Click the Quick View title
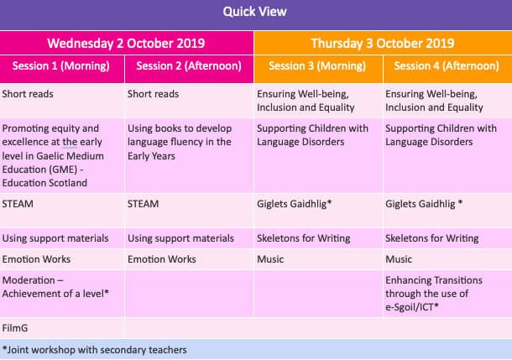click(x=254, y=12)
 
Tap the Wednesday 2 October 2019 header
click(x=126, y=44)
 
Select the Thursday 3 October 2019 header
click(x=383, y=44)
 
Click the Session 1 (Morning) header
click(x=61, y=66)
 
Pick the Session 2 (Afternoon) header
click(x=189, y=66)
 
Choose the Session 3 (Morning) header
click(x=317, y=66)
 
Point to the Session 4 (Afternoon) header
click(x=447, y=66)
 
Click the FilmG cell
click(x=15, y=328)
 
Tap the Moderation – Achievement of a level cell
click(x=55, y=287)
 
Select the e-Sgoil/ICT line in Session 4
click(x=412, y=307)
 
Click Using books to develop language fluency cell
click(x=180, y=142)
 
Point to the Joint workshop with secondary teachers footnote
click(x=94, y=350)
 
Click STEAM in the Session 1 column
click(x=18, y=204)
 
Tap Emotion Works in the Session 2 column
click(x=162, y=259)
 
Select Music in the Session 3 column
click(x=270, y=259)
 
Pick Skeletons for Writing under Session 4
click(x=432, y=238)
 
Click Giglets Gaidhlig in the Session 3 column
click(x=295, y=204)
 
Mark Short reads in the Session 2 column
click(x=153, y=94)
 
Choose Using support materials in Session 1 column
click(x=55, y=238)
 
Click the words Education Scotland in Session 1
click(x=44, y=183)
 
